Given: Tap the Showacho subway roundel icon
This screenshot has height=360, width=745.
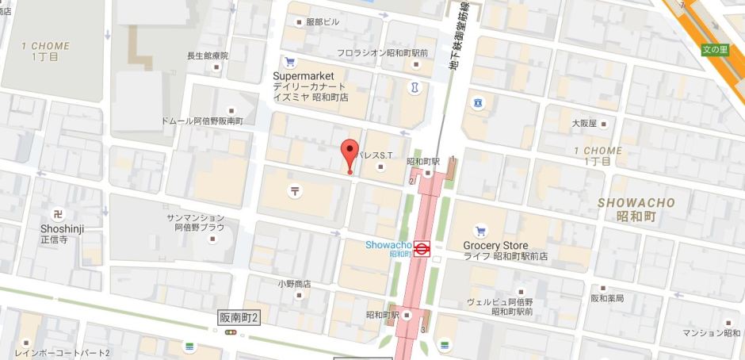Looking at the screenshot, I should click(422, 249).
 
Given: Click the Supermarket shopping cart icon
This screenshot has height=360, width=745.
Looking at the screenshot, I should click(289, 63).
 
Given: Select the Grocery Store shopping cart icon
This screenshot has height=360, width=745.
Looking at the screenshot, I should click(480, 232).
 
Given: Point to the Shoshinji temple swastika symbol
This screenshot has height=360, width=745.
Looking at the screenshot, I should click(57, 214).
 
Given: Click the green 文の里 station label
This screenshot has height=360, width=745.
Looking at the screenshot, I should click(715, 49).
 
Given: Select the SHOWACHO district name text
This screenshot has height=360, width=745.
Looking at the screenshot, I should click(636, 203).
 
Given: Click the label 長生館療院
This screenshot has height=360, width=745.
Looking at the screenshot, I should click(207, 56).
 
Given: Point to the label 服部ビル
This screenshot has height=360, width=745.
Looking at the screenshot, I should click(322, 21).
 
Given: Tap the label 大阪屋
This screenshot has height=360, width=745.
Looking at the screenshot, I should click(583, 124).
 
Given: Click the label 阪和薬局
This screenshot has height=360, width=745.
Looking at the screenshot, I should click(607, 299).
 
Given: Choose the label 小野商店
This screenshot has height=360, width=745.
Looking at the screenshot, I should click(293, 283).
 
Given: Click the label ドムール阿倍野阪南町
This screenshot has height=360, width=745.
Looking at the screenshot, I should click(201, 121).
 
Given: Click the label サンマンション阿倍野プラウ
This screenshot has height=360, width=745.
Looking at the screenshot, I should click(195, 222).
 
